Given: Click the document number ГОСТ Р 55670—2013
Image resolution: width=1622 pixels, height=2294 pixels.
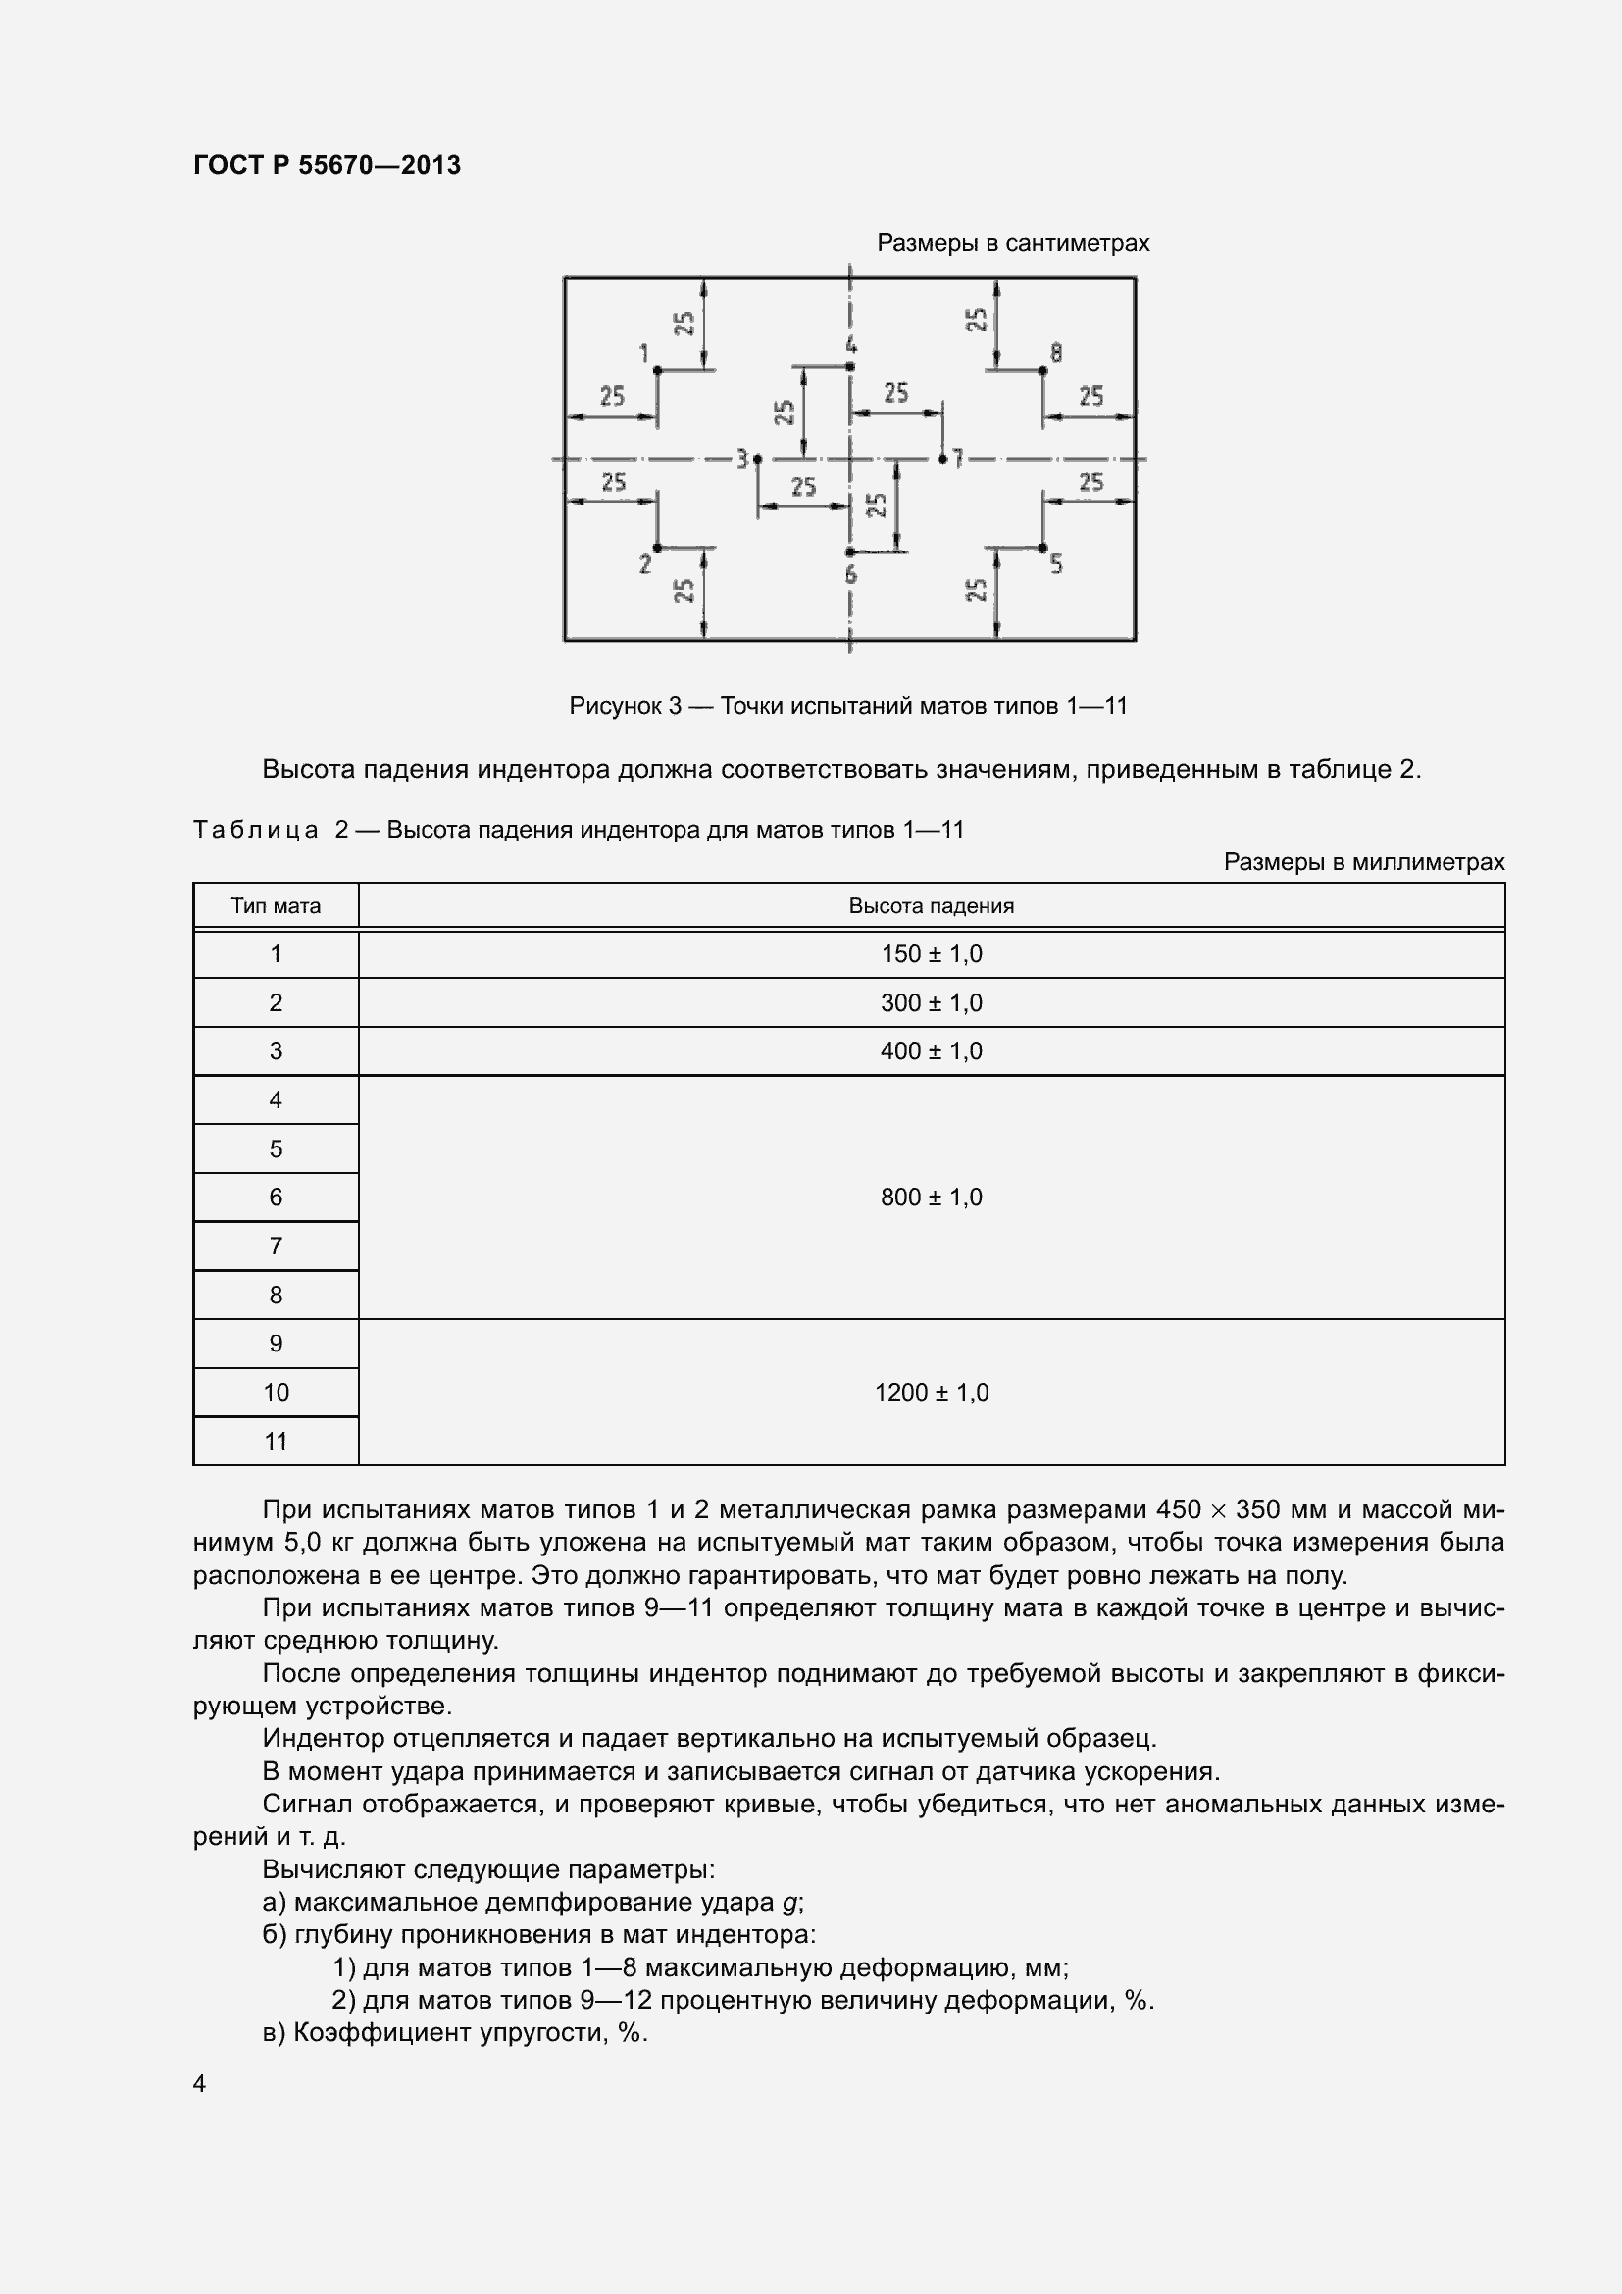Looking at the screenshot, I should pos(327,165).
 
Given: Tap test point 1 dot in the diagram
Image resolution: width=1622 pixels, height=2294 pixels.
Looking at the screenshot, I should pos(657,370).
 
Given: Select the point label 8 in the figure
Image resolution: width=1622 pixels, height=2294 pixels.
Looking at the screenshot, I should pos(1056,353).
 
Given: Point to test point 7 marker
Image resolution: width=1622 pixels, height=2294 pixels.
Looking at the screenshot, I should pos(942,459).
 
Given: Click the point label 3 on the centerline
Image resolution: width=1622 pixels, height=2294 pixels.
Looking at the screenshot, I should pos(742,459).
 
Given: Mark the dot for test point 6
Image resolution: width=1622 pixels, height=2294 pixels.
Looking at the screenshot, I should pos(850,551).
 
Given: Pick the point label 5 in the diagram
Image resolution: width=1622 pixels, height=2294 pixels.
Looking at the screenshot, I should pos(1057,565).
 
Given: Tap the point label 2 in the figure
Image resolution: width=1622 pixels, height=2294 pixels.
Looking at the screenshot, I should pos(645,565).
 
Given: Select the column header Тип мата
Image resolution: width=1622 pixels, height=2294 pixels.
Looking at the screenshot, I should pos(276,906).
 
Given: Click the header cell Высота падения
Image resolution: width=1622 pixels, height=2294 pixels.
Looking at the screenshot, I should pos(931,906).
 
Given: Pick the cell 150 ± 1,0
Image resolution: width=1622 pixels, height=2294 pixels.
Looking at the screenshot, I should pos(931,954).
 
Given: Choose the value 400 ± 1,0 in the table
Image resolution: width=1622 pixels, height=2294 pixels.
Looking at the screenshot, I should pos(931,1051).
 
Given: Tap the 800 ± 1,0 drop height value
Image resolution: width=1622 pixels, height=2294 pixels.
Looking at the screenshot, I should pos(931,1197).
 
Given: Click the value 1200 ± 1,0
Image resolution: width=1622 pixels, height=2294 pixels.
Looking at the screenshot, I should pos(931,1392).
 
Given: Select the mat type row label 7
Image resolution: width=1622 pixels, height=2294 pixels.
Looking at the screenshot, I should pos(276,1246).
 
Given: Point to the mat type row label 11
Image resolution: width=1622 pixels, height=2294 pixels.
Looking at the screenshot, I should pos(276,1441).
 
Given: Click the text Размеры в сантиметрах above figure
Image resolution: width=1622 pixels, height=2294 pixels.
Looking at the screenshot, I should pos(1013,244).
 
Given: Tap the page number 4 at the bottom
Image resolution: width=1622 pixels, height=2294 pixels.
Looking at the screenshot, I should pos(200,2083).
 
